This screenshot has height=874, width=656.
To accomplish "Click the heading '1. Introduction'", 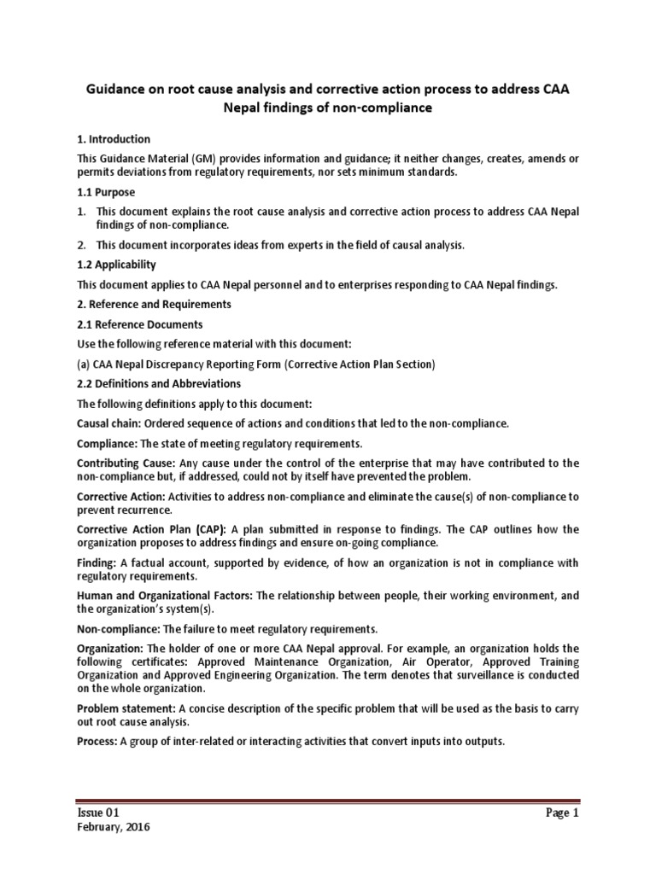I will (114, 139).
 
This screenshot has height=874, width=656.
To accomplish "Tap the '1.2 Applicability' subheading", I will (117, 265).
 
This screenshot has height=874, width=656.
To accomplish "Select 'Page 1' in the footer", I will (562, 813).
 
